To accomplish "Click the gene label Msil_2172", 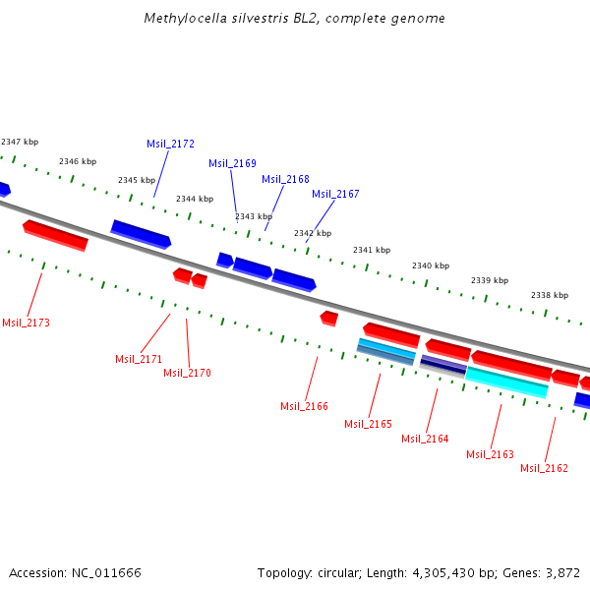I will pyautogui.click(x=170, y=144).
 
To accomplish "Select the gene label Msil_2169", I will pyautogui.click(x=232, y=163).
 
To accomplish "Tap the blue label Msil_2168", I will pyautogui.click(x=285, y=179).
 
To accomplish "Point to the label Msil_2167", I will pyautogui.click(x=335, y=194).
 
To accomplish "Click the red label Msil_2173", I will pyautogui.click(x=26, y=323).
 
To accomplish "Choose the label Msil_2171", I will pyautogui.click(x=139, y=359).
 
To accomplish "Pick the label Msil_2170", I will pyautogui.click(x=187, y=373).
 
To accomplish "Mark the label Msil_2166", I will pyautogui.click(x=304, y=406).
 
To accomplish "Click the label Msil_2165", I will pyautogui.click(x=368, y=424).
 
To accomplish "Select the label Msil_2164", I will pyautogui.click(x=425, y=439).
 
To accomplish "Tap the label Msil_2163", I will pyautogui.click(x=490, y=454).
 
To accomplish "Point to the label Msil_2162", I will pyautogui.click(x=544, y=468).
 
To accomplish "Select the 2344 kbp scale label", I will pyautogui.click(x=195, y=199).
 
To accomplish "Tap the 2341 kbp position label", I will pyautogui.click(x=372, y=250).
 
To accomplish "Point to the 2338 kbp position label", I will pyautogui.click(x=549, y=295).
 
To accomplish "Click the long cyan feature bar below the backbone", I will pyautogui.click(x=506, y=382).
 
